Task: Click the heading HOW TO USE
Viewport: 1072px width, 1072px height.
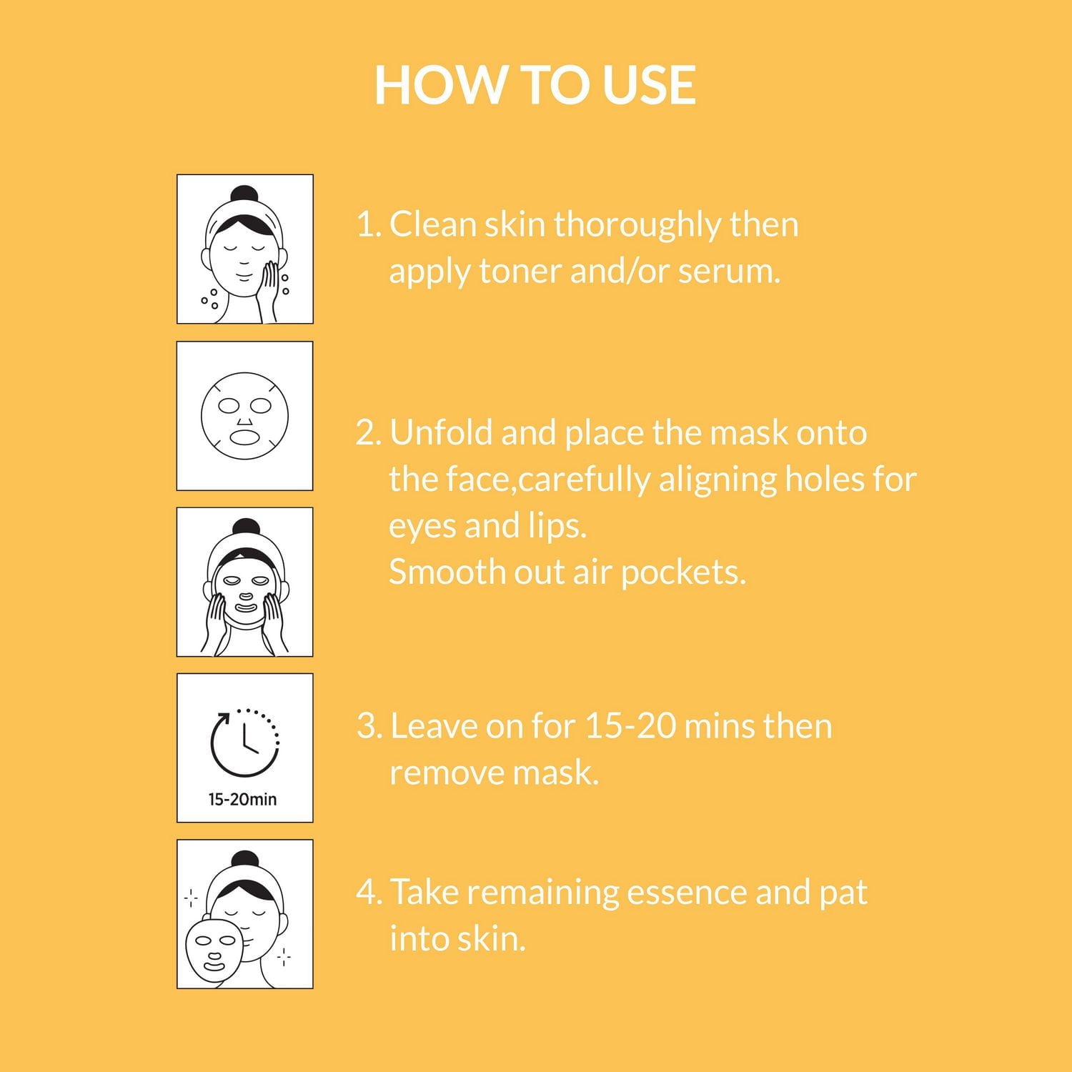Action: click(x=535, y=85)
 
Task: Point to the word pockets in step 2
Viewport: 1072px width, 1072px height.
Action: click(x=683, y=573)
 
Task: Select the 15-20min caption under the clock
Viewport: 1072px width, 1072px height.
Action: click(x=242, y=799)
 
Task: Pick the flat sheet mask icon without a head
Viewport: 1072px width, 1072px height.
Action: click(x=244, y=416)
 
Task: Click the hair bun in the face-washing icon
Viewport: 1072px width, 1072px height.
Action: click(x=244, y=195)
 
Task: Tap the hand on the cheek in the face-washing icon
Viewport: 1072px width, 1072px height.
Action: click(x=269, y=282)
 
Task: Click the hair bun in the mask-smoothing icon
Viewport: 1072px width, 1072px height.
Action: click(x=244, y=528)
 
